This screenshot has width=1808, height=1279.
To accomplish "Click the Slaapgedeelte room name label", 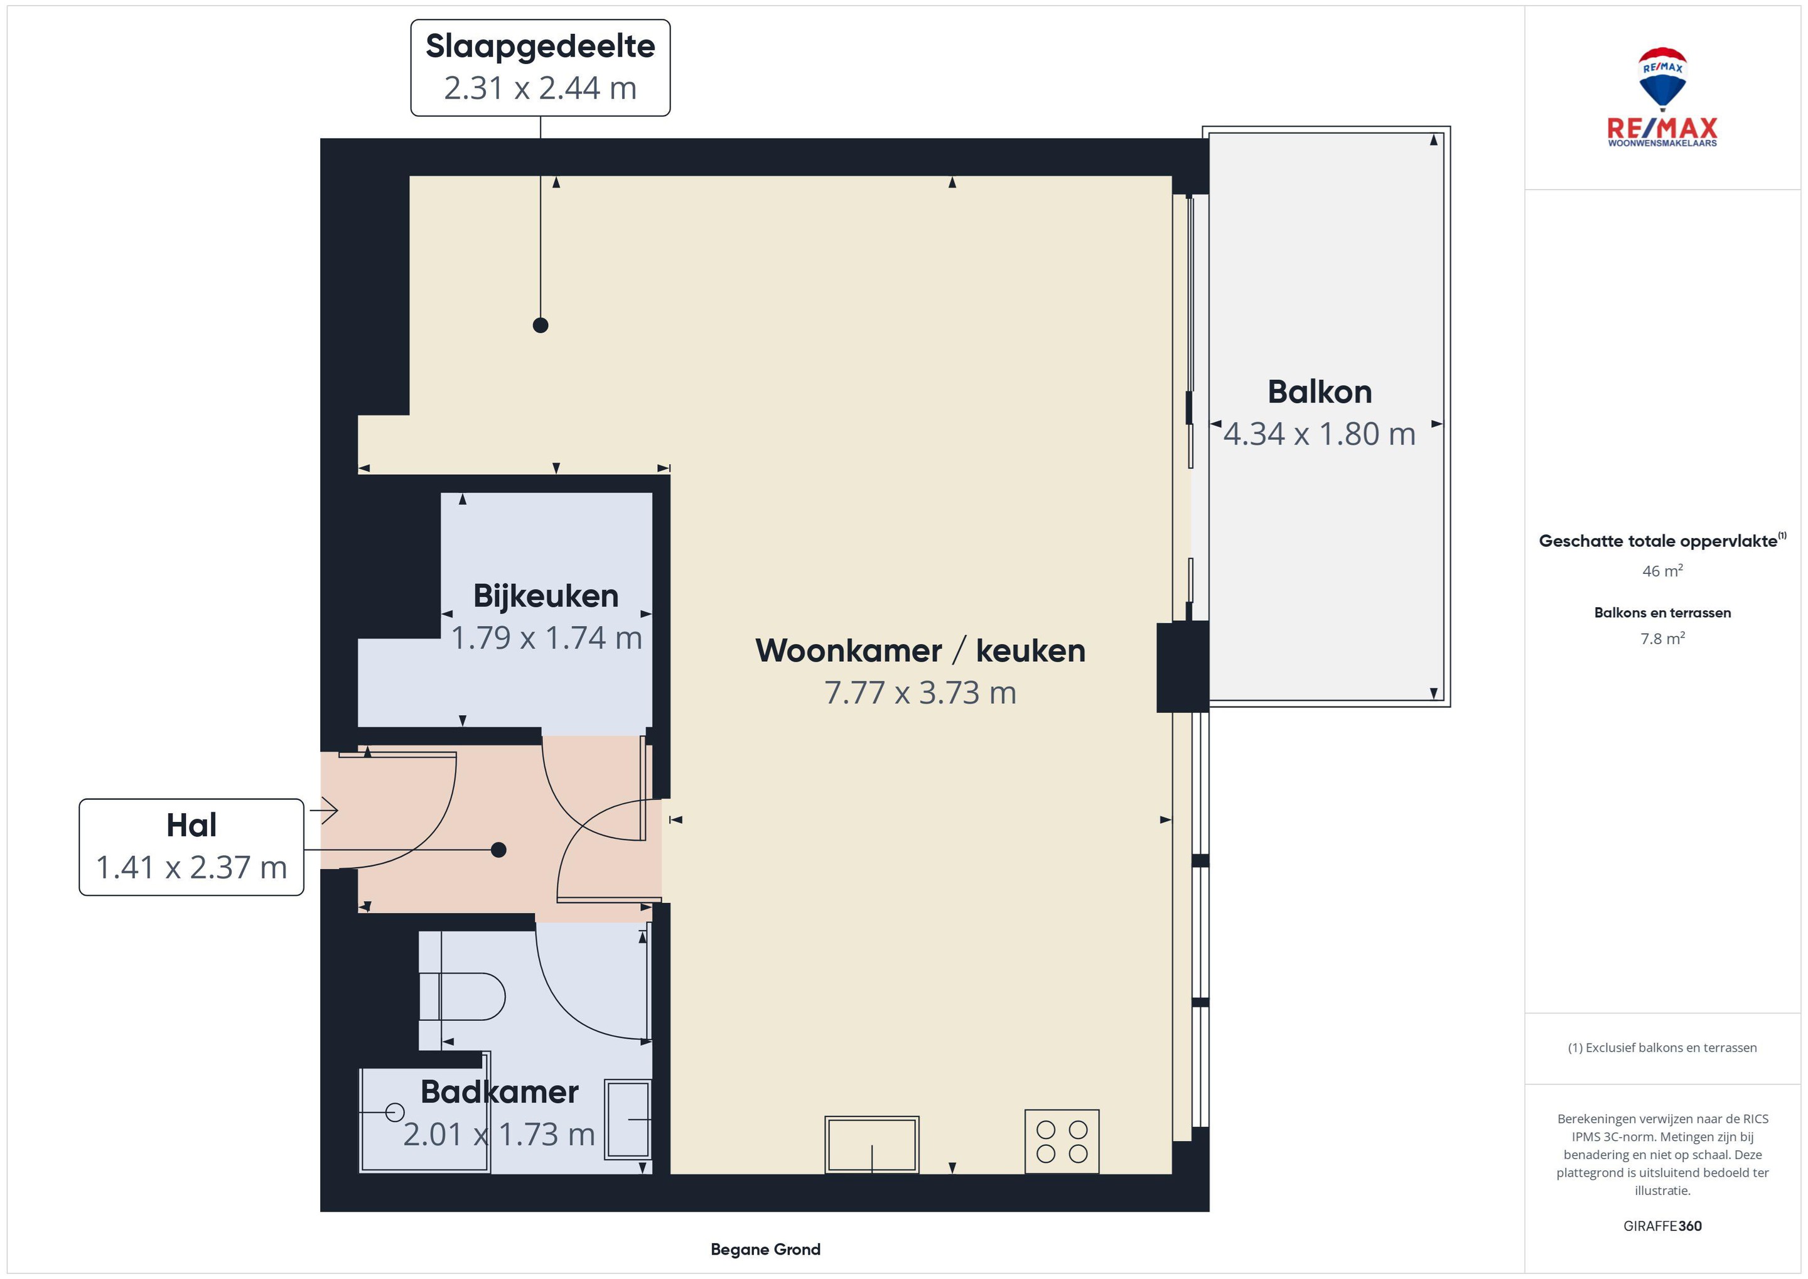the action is click(x=540, y=46).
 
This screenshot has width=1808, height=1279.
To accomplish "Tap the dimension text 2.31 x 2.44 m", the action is click(x=540, y=88).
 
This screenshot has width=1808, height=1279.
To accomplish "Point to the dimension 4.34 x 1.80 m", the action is click(x=1320, y=434).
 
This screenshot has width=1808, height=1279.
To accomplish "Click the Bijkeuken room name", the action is click(x=546, y=596).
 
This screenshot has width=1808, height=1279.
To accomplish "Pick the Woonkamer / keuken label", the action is click(x=920, y=650).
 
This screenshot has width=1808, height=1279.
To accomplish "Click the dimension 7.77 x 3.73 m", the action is click(x=920, y=693).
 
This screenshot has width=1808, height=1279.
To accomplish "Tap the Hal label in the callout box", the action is click(x=191, y=826).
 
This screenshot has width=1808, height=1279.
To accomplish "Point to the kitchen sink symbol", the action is click(x=872, y=1145).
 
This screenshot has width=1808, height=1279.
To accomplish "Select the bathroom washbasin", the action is click(x=628, y=1119).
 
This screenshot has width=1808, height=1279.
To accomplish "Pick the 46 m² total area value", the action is click(x=1662, y=571).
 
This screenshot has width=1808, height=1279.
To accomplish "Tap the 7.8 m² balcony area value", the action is click(x=1662, y=639).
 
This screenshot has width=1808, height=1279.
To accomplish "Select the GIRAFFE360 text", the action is click(x=1662, y=1226).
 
